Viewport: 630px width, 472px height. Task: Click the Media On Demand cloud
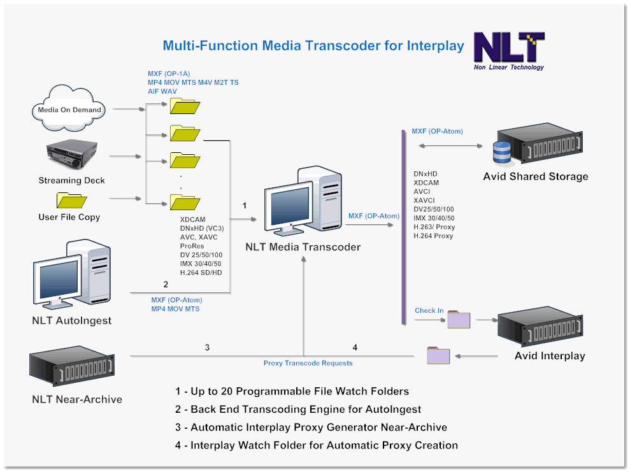(x=69, y=110)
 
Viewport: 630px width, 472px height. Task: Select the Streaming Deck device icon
(x=71, y=155)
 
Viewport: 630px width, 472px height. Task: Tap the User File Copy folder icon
(x=71, y=200)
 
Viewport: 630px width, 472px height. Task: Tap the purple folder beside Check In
(x=459, y=319)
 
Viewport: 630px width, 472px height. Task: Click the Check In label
(x=429, y=311)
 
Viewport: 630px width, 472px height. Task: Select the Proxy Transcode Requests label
(x=308, y=363)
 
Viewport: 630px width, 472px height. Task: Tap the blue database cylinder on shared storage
(x=502, y=152)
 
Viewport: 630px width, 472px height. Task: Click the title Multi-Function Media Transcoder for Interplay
(x=313, y=46)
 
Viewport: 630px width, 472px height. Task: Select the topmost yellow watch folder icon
(x=185, y=106)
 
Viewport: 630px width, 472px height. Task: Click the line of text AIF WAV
(x=162, y=91)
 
